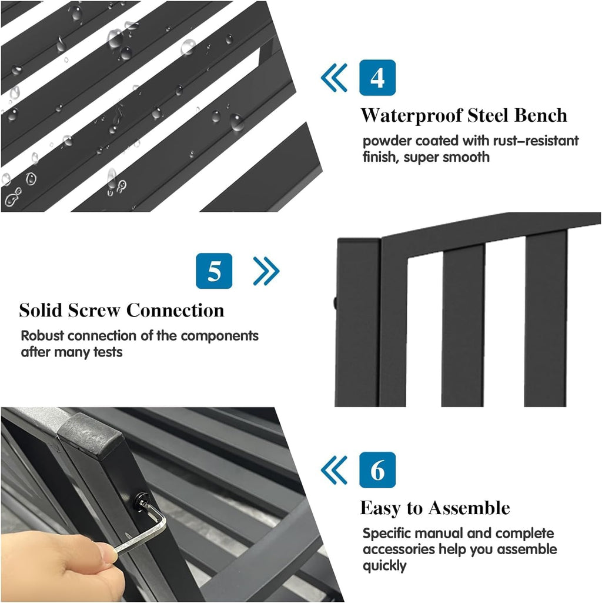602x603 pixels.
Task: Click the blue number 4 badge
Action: point(377,78)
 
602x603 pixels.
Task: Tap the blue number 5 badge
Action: point(214,271)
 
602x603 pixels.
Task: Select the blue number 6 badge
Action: point(377,470)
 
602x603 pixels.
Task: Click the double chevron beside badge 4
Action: point(334,78)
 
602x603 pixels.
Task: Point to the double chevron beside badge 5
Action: point(266,271)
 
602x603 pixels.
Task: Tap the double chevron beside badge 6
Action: point(334,470)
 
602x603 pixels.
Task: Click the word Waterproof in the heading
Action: point(412,116)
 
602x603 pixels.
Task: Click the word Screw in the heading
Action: point(94,310)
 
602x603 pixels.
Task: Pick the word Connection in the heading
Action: point(175,310)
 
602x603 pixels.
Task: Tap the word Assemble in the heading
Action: point(469,508)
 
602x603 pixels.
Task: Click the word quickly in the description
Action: point(384,566)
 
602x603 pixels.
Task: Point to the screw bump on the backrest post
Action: point(336,303)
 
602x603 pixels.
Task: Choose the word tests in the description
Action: point(108,352)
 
